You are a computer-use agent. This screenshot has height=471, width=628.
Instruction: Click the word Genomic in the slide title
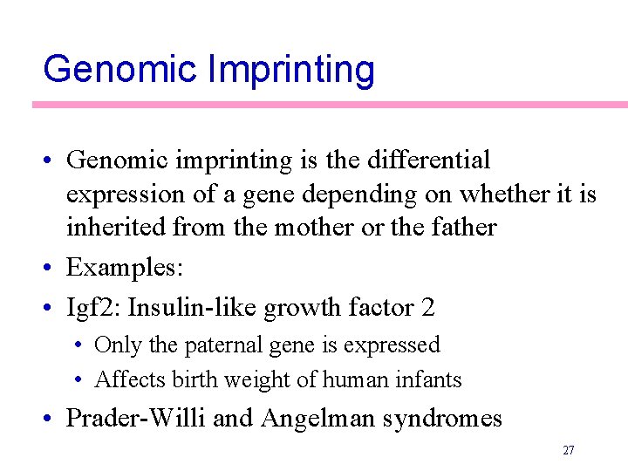(119, 68)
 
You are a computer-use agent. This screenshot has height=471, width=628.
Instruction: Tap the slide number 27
(568, 451)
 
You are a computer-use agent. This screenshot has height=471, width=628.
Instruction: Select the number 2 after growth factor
(427, 308)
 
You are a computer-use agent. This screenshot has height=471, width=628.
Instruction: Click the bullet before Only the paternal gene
(78, 345)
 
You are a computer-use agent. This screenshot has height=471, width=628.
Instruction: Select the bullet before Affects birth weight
(78, 380)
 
